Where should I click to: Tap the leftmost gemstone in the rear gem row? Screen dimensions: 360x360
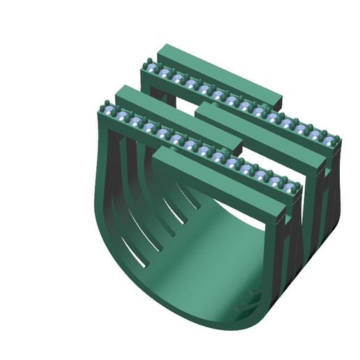[x=152, y=70]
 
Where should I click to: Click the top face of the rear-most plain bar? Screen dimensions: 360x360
[x=216, y=70]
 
